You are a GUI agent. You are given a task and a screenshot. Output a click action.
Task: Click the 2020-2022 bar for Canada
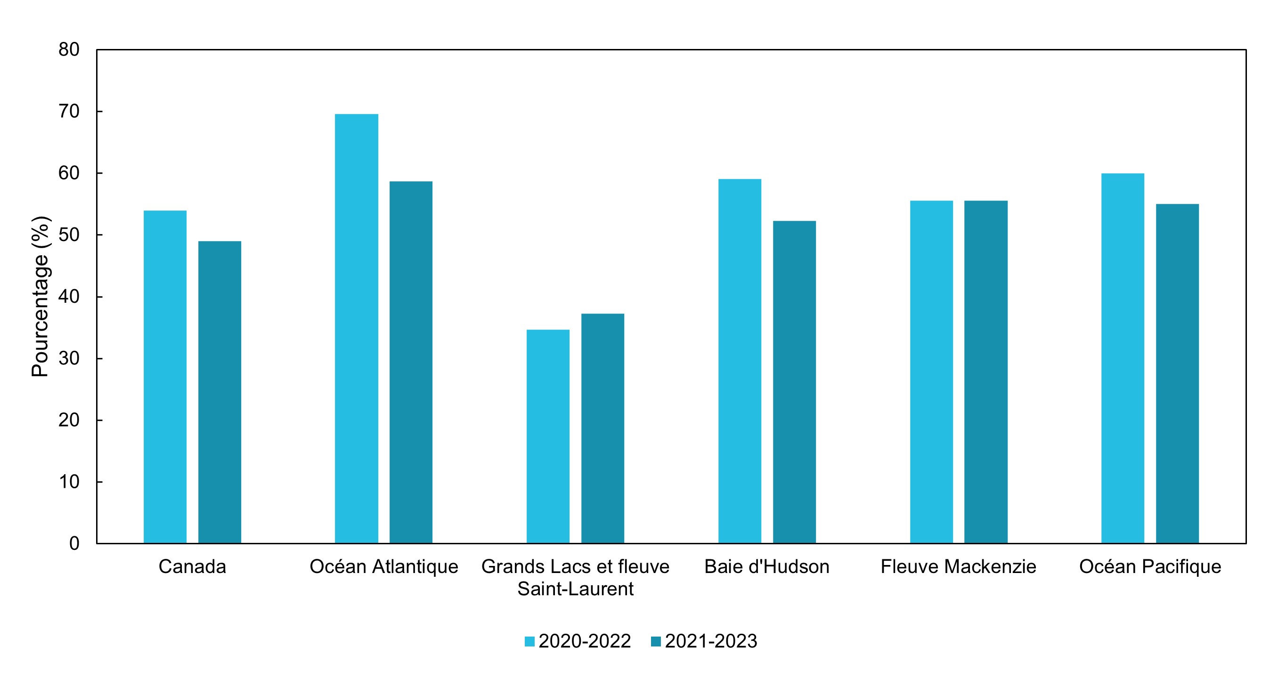(x=165, y=377)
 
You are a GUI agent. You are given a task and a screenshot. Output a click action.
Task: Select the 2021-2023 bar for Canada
(x=220, y=392)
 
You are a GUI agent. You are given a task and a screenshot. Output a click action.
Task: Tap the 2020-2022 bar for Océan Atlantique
(x=357, y=329)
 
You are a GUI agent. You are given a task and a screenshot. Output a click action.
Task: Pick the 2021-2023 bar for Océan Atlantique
(x=411, y=362)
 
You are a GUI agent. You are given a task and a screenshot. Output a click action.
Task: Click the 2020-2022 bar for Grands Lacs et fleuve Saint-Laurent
(x=548, y=436)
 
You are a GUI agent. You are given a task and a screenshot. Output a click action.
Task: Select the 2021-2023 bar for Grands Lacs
(x=603, y=428)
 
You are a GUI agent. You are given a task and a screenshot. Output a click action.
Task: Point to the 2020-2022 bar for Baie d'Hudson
(x=740, y=361)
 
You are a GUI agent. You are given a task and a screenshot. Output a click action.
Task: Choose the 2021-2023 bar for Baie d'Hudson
(x=795, y=382)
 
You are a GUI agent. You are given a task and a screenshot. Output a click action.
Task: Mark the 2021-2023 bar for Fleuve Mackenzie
(x=986, y=372)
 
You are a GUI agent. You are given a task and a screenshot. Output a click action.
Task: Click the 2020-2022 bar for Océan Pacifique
(x=1123, y=358)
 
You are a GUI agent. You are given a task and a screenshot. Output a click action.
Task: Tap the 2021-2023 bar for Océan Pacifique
(x=1178, y=373)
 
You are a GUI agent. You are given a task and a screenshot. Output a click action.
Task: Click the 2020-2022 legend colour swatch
(x=529, y=642)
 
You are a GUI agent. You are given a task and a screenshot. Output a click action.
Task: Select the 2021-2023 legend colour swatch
(x=656, y=642)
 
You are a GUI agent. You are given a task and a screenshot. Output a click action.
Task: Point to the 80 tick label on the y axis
(x=69, y=50)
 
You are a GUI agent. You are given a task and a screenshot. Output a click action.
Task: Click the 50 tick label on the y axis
(x=69, y=235)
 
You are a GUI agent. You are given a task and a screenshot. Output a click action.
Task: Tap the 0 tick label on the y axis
(x=74, y=543)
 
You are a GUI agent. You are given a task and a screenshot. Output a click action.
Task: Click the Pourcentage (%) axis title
(x=41, y=297)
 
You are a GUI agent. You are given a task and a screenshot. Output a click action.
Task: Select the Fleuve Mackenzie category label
(x=959, y=566)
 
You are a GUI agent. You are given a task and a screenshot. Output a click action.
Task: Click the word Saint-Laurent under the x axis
(x=575, y=589)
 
